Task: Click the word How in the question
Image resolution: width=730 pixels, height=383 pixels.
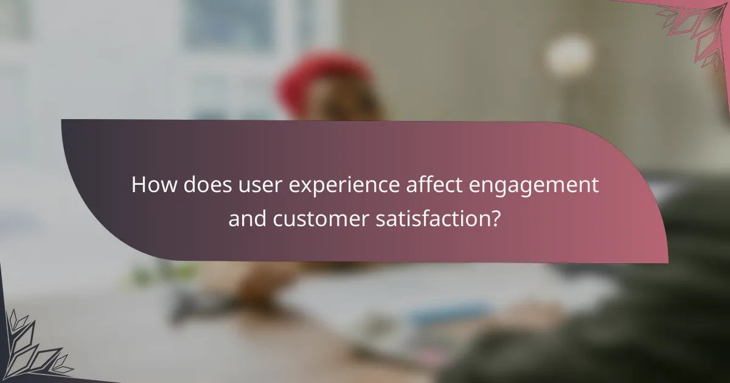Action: [x=153, y=185]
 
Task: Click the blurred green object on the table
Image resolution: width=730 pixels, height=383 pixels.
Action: [x=152, y=274]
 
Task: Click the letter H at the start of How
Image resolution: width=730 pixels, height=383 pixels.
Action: [x=138, y=185]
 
